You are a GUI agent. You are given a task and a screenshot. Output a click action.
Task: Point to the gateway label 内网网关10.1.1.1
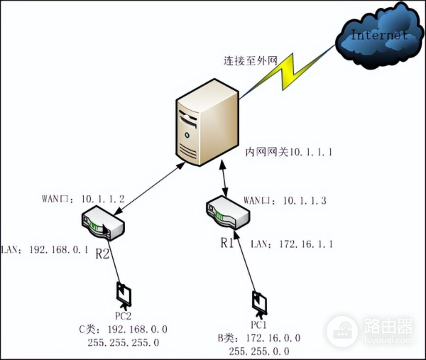[289, 152]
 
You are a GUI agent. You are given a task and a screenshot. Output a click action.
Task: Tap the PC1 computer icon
[258, 302]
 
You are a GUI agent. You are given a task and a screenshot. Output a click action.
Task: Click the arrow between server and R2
[146, 185]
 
